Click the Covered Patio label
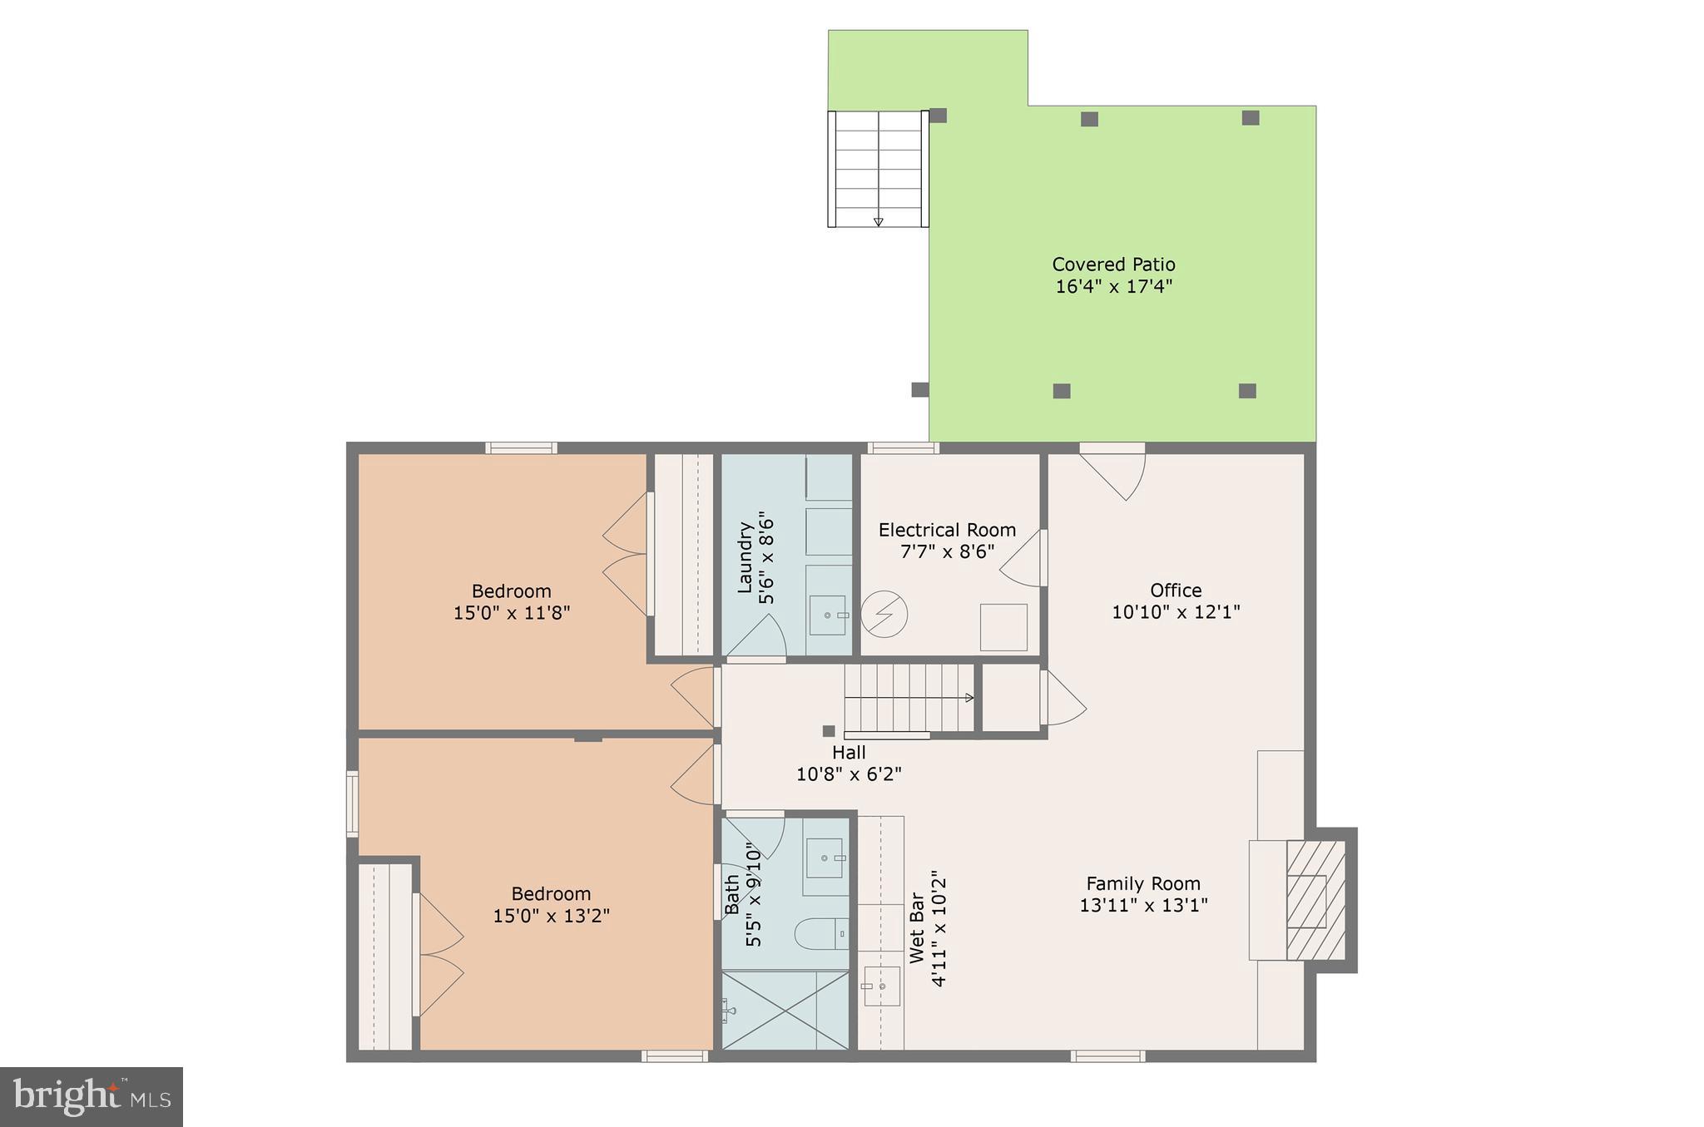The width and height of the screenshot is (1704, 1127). tap(1113, 264)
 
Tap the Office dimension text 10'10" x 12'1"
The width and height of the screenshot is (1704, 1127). tap(1176, 612)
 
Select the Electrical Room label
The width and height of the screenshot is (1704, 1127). tap(947, 530)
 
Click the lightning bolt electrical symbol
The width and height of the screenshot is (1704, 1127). tap(884, 615)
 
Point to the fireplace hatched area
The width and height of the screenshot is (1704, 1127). tap(1315, 900)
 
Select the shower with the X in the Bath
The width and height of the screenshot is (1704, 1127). tap(785, 1011)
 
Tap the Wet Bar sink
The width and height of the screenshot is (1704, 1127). tap(882, 986)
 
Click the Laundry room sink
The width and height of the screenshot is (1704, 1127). tap(828, 615)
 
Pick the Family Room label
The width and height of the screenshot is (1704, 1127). tap(1143, 883)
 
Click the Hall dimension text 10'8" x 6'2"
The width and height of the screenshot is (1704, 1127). tap(849, 774)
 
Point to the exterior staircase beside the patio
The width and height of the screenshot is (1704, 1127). tap(878, 169)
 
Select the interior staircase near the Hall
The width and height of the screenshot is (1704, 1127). tap(909, 698)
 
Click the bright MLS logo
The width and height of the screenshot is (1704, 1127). tap(92, 1096)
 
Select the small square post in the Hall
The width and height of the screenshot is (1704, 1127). tap(829, 731)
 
